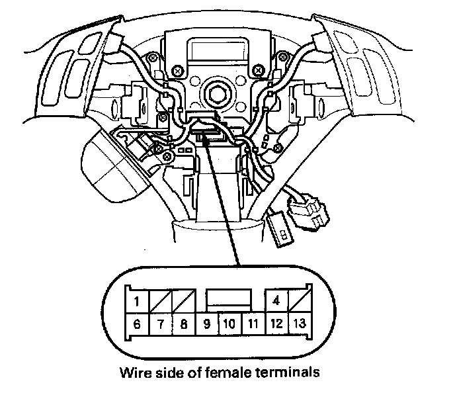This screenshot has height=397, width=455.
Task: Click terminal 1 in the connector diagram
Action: click(x=136, y=303)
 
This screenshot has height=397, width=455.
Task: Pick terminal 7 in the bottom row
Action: click(x=161, y=325)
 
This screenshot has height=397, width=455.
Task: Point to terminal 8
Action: click(x=185, y=325)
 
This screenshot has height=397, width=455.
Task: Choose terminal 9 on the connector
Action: click(x=207, y=325)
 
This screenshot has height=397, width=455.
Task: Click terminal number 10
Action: click(x=229, y=325)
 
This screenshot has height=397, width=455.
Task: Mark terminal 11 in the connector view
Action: click(x=252, y=325)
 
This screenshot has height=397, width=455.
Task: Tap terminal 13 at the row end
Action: click(x=298, y=325)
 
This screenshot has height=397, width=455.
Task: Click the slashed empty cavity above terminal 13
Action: click(x=298, y=302)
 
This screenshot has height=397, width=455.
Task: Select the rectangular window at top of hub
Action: click(x=210, y=49)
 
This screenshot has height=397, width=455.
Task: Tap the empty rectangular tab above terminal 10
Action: click(x=229, y=298)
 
